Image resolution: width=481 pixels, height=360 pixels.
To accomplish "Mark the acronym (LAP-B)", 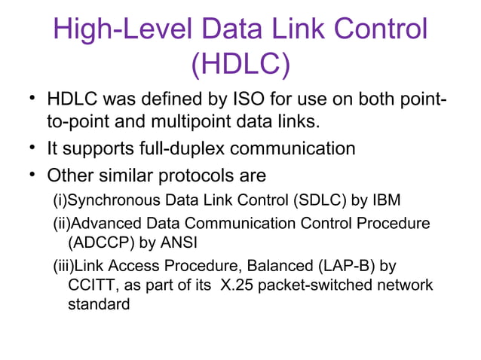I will point(345,266).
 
